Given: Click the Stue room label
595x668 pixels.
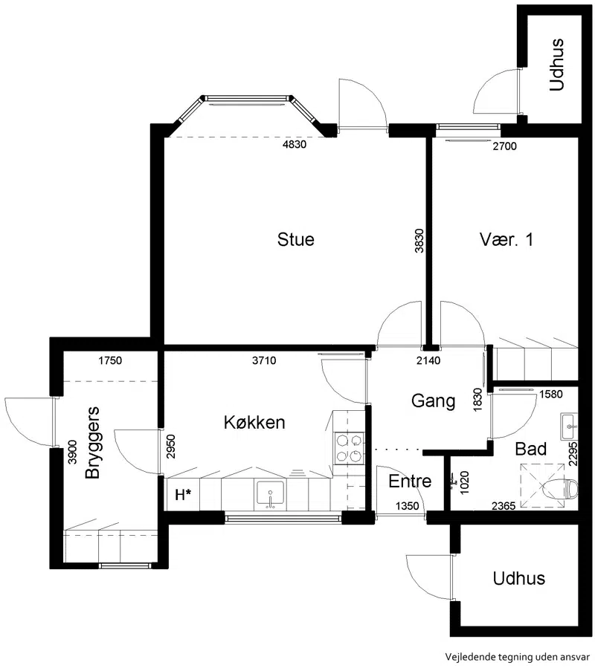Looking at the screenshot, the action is click(x=295, y=239).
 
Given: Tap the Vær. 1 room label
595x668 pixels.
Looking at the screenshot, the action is click(x=506, y=239).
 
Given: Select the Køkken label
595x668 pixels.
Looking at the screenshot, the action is click(x=254, y=422).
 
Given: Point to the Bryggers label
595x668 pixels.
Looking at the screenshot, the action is click(x=92, y=443).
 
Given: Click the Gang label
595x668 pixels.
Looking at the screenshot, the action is click(x=434, y=401).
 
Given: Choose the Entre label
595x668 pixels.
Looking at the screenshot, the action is click(x=410, y=481).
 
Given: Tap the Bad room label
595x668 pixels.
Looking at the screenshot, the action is click(x=530, y=449).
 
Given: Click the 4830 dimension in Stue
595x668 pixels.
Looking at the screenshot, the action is click(x=295, y=144).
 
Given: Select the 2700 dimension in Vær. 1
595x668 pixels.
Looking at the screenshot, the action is click(x=504, y=146).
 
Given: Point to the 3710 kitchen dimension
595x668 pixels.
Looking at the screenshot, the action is click(x=264, y=360).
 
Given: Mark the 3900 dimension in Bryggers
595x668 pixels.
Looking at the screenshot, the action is click(x=73, y=452).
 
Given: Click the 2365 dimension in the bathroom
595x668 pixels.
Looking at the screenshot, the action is click(x=504, y=506).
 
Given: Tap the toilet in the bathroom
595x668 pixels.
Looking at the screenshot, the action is click(x=561, y=488).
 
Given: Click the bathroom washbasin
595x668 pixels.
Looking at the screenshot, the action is click(x=569, y=427).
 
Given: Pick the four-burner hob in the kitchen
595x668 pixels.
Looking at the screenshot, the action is click(x=349, y=448).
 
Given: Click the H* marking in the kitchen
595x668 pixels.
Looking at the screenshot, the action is click(x=183, y=495).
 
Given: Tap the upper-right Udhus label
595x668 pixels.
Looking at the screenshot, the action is click(x=557, y=65).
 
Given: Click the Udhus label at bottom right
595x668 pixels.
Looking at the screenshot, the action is click(x=519, y=578).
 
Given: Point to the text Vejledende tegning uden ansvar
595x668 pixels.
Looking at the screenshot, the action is click(x=517, y=657).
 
